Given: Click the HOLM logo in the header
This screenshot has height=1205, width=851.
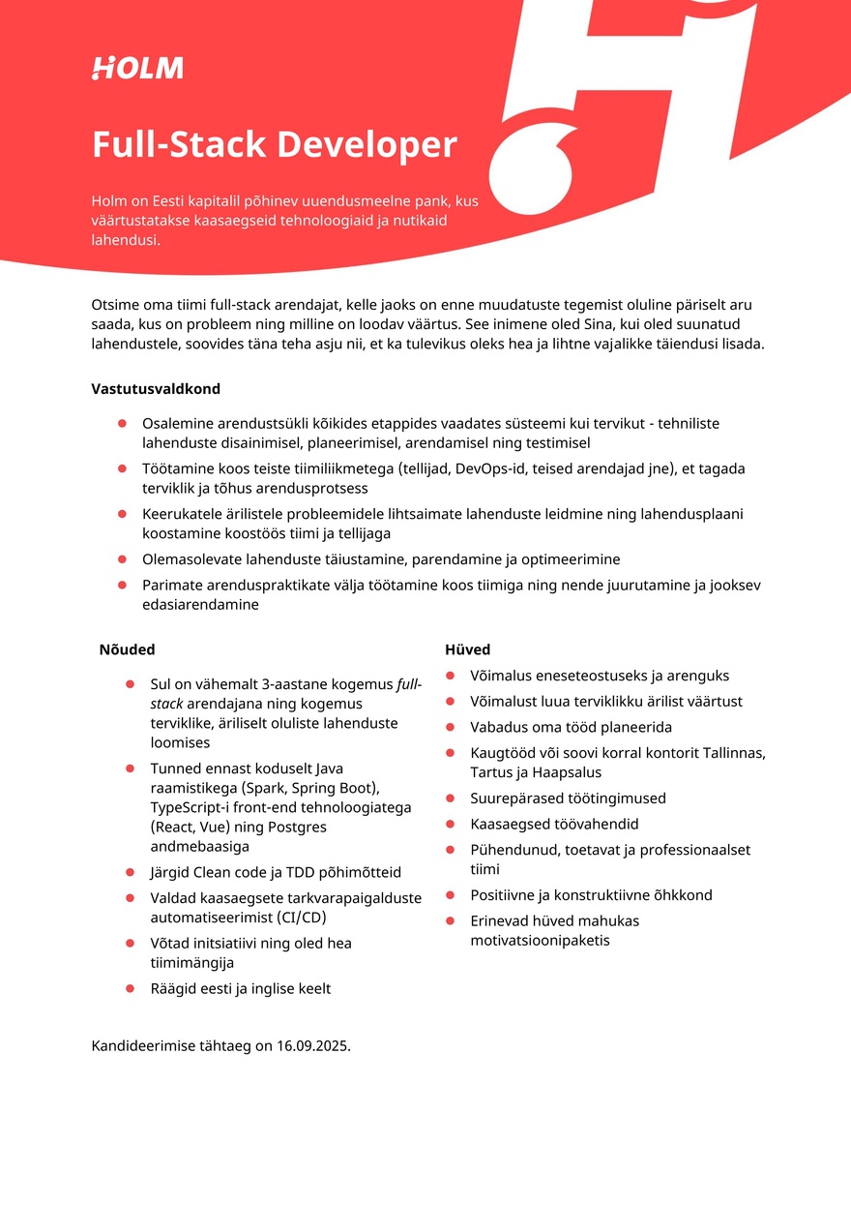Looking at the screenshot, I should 137,68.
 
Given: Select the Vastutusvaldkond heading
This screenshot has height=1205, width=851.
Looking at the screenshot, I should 156,389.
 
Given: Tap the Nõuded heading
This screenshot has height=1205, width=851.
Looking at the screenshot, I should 127,649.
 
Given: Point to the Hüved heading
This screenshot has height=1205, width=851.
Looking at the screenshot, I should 467,649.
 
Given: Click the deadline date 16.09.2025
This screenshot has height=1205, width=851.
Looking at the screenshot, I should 312,1046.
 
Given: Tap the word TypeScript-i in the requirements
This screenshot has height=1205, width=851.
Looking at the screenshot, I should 189,807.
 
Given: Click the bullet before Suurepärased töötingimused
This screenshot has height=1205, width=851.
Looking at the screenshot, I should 451,798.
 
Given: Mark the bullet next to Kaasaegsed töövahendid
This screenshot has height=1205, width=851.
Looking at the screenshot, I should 451,825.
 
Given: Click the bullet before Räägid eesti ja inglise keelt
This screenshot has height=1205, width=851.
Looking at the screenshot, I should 130,988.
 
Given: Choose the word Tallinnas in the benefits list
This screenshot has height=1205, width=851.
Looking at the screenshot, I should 732,753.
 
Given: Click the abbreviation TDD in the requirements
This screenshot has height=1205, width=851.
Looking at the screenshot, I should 296,872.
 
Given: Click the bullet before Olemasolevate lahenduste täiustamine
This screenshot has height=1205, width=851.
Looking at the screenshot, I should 122,559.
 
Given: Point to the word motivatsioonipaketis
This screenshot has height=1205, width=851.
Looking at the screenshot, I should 540,940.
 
